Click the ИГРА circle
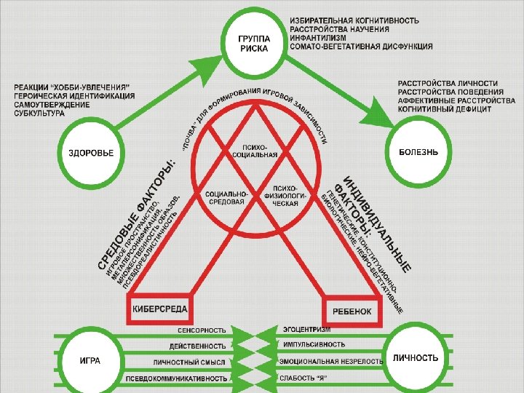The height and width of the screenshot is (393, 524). [x=90, y=360]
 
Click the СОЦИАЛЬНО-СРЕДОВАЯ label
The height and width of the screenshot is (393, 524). [x=226, y=197]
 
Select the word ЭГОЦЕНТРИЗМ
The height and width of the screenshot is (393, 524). [x=307, y=330]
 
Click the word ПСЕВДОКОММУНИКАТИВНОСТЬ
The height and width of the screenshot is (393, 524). [x=177, y=378]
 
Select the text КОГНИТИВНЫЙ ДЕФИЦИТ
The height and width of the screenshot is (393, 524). [x=445, y=109]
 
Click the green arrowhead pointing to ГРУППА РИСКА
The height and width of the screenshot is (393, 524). [x=223, y=57]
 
